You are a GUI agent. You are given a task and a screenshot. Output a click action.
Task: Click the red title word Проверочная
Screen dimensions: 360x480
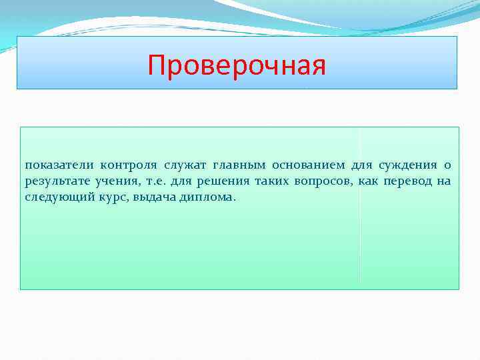point(237,66)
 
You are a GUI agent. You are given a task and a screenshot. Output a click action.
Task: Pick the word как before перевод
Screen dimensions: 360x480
point(370,181)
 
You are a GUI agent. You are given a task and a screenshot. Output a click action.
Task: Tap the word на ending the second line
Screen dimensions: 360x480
point(444,181)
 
